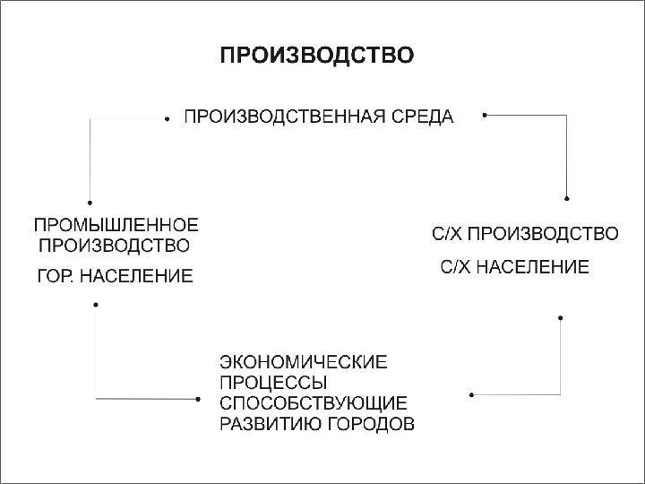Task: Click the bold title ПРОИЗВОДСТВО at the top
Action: point(317,56)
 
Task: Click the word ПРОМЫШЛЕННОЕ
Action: point(116,224)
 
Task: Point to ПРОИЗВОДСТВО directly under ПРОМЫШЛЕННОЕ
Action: point(112,245)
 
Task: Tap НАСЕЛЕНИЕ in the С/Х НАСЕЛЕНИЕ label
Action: point(534,266)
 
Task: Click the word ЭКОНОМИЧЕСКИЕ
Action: point(304,362)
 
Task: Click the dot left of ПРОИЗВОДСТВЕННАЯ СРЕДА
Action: point(168,117)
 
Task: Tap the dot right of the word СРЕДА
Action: point(484,115)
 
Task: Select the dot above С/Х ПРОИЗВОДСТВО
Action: point(567,198)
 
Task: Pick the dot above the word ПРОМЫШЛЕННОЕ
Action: point(90,202)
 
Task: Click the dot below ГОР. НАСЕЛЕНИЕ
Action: point(95,305)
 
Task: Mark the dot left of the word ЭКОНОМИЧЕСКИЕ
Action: point(197,398)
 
